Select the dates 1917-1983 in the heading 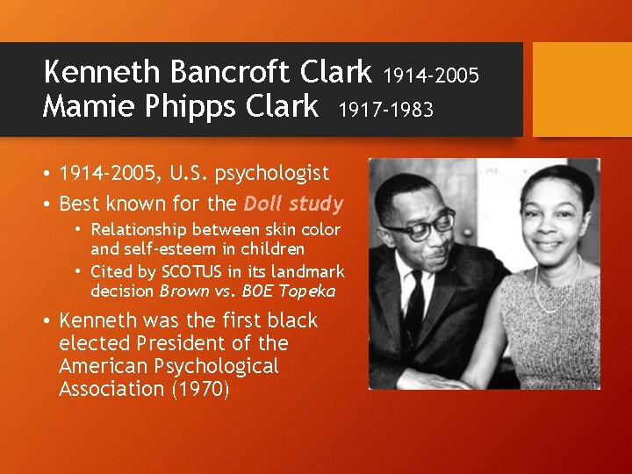385,110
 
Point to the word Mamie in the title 84,107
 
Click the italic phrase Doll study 293,204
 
